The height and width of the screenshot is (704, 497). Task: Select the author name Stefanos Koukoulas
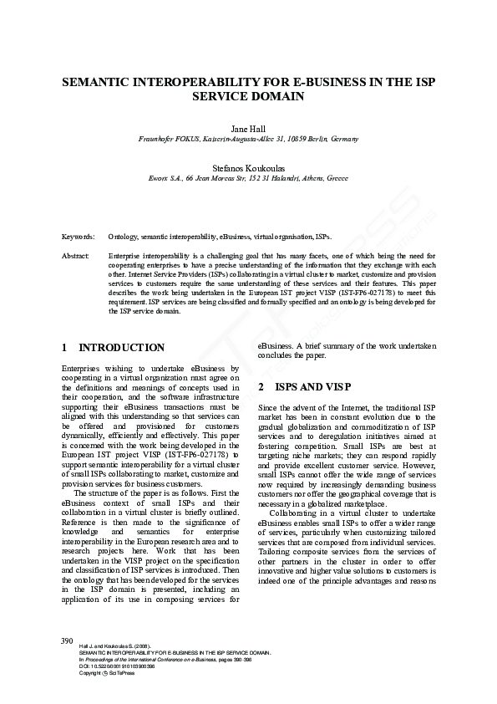point(247,168)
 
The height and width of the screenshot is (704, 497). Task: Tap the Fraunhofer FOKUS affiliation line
point(247,138)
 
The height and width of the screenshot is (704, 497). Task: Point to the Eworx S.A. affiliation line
point(247,178)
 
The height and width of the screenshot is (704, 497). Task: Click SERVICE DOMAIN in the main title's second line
point(247,97)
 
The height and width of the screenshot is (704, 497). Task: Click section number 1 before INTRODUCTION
point(65,347)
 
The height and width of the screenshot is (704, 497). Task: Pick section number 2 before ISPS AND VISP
point(261,387)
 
